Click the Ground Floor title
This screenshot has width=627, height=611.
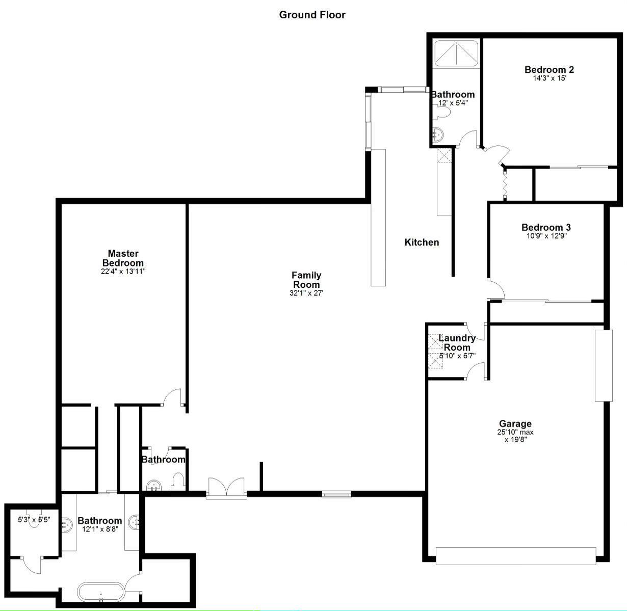312,15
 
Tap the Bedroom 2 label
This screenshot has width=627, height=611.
549,70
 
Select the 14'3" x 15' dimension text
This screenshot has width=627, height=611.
550,78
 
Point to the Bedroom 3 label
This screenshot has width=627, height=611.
546,227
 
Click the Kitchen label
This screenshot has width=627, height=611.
422,242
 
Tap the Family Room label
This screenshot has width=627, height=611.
306,280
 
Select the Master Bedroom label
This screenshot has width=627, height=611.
123,258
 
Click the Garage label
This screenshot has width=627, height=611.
515,423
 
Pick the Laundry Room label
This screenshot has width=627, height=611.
457,343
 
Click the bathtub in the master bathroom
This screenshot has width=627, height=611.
101,592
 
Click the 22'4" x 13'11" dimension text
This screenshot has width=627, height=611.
123,272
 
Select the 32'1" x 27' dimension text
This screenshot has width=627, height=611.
306,293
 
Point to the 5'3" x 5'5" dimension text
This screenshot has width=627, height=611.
34,519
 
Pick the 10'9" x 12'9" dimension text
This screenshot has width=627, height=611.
546,236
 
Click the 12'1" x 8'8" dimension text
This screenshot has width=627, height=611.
100,529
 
